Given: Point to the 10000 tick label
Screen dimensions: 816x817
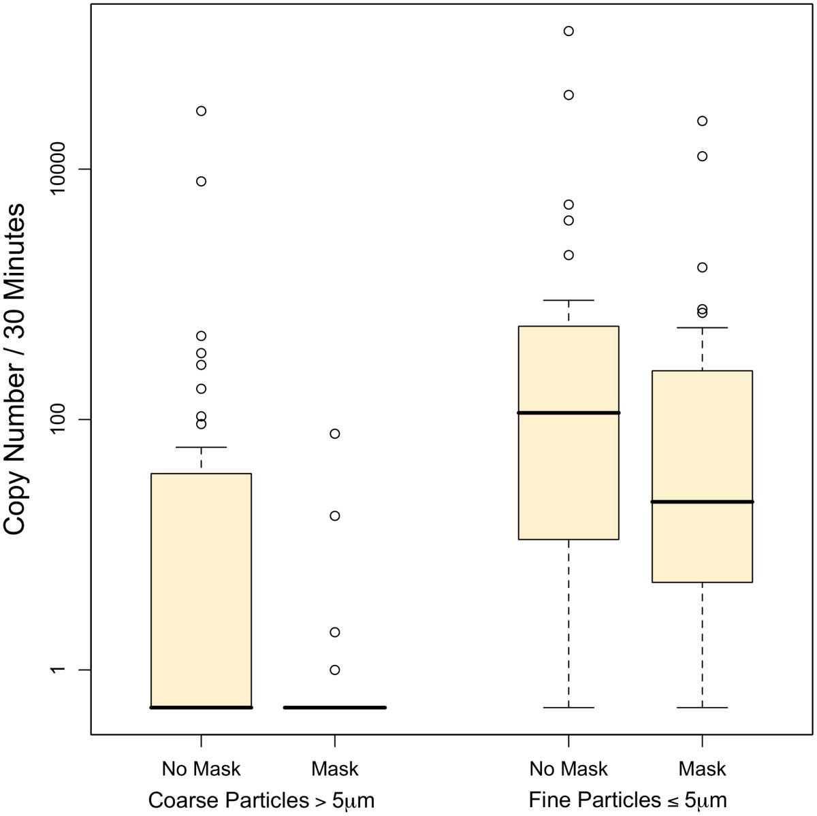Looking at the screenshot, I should click(65, 169).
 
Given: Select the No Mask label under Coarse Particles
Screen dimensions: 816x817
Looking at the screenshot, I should click(201, 769).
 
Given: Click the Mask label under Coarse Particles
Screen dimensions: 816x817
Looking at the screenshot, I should click(334, 769).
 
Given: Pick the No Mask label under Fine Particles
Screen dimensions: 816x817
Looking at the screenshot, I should click(568, 769).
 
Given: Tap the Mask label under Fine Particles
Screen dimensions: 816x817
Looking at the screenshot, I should click(702, 769).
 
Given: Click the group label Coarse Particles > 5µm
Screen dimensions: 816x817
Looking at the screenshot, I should click(261, 800).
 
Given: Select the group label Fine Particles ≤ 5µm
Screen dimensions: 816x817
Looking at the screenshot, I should click(628, 800).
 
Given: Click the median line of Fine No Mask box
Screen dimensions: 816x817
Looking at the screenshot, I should click(568, 412).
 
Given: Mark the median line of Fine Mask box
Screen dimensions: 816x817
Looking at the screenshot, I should click(702, 502).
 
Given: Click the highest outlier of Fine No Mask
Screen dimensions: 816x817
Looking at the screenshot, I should click(568, 31).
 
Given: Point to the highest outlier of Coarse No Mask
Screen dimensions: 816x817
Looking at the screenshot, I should click(201, 111).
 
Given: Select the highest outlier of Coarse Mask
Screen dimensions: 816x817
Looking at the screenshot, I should click(334, 434).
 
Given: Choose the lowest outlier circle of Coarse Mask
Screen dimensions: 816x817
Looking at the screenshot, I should click(334, 670).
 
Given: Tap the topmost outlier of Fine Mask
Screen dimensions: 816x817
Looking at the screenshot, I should click(702, 121).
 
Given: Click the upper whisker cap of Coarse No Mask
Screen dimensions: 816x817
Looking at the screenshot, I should click(201, 447).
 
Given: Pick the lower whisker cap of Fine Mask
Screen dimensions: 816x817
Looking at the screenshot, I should click(702, 708).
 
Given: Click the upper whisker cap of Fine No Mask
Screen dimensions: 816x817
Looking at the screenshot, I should click(568, 300).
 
